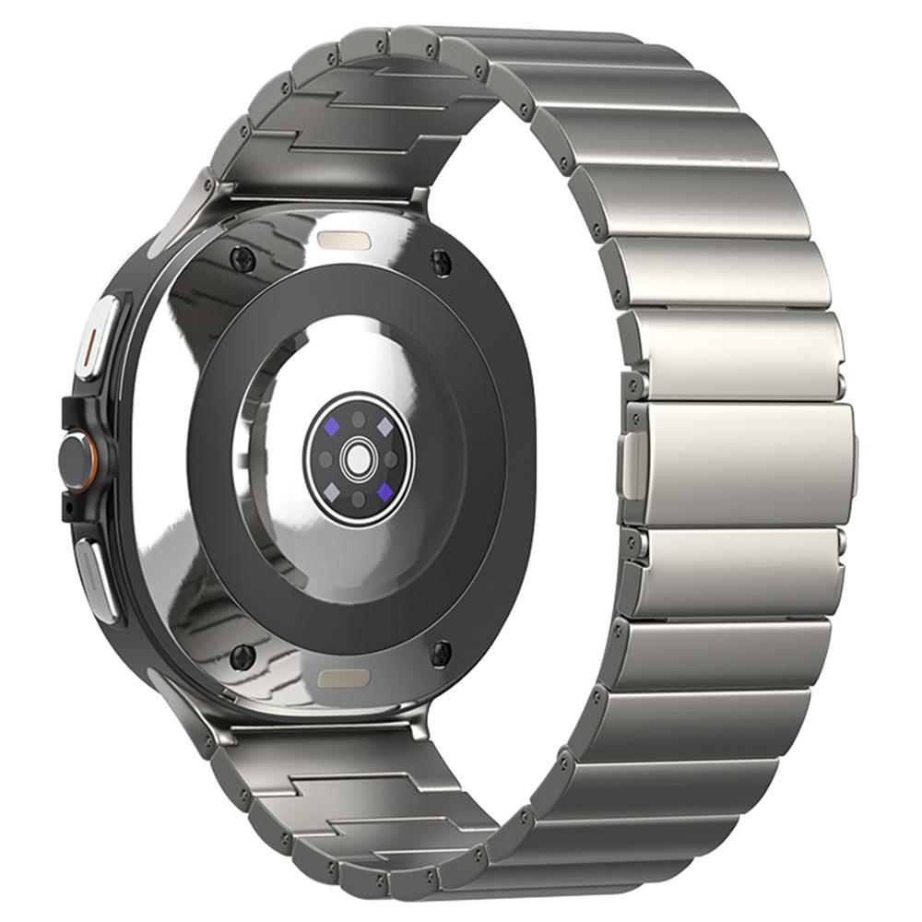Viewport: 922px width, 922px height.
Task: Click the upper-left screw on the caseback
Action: pos(245,261)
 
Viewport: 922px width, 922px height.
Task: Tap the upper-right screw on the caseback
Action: pos(440,261)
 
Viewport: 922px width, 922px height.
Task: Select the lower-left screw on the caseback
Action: pos(243,656)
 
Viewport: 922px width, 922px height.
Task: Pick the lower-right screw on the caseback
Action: pos(442,653)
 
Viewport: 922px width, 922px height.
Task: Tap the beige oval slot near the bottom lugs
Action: pos(344,679)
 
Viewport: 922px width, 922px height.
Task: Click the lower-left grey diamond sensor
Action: pos(328,489)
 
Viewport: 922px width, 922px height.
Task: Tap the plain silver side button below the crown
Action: pos(95,576)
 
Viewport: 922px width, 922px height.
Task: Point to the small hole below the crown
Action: pos(65,508)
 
